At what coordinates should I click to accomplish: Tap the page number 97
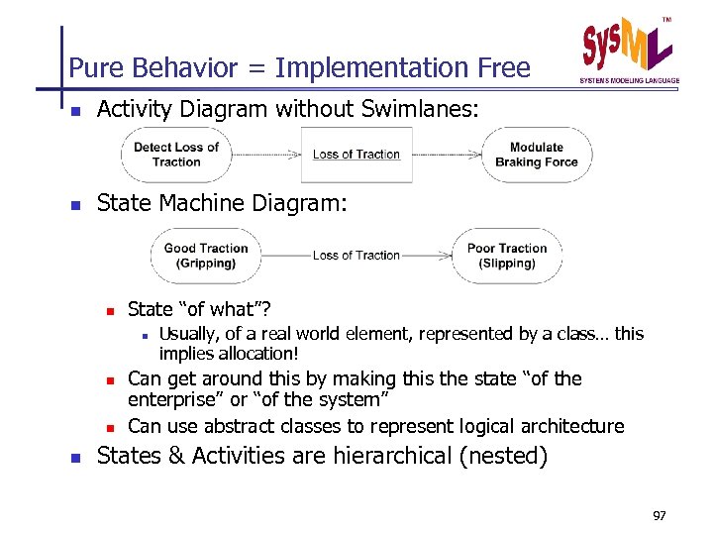[x=661, y=516]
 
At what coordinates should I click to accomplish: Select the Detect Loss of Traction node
[x=176, y=155]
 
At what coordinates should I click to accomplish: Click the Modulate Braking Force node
[x=536, y=155]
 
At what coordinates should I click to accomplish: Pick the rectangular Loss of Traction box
[x=356, y=155]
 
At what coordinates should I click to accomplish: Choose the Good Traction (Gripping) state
[x=206, y=256]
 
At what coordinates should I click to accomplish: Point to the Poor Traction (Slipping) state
[x=507, y=256]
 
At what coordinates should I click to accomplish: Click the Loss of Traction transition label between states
[x=356, y=256]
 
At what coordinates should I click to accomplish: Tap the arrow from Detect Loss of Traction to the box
[x=265, y=155]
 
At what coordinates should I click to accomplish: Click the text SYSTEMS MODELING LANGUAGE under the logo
[x=629, y=80]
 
